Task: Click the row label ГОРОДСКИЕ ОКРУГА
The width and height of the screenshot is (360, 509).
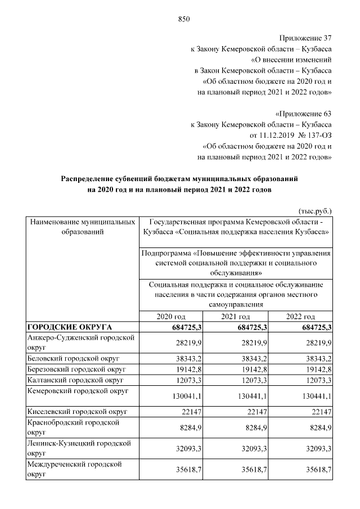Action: coord(70,327)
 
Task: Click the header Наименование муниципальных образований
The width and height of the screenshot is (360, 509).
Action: coord(82,226)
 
